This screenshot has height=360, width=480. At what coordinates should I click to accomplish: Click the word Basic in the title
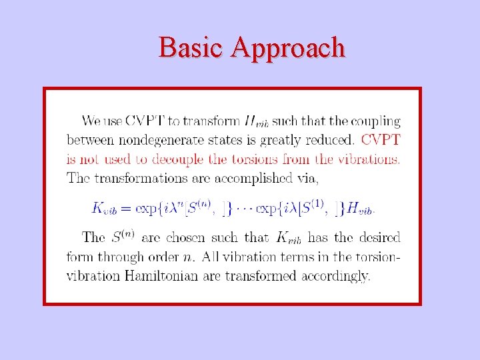[193, 48]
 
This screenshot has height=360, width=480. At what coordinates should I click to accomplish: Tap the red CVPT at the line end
[381, 140]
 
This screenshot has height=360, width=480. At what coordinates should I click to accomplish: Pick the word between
[90, 140]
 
